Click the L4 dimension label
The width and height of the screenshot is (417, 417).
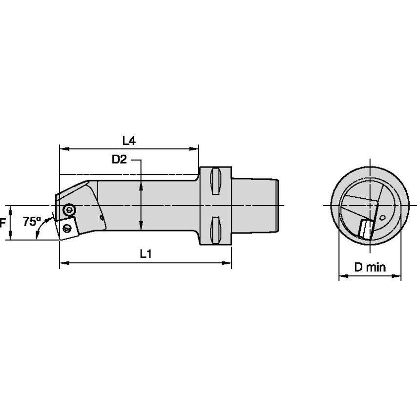pos(128,141)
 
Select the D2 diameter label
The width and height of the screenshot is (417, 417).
pos(119,159)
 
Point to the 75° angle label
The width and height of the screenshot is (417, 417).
pos(32,221)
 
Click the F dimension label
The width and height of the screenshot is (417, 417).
pos(3,223)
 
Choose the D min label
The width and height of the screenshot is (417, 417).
pos(370,267)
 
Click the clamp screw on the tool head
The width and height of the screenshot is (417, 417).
pos(69,209)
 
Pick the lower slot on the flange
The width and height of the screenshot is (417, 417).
pos(215,231)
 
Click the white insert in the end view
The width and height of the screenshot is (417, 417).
pos(366,229)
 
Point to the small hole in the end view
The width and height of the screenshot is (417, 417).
pos(383,218)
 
